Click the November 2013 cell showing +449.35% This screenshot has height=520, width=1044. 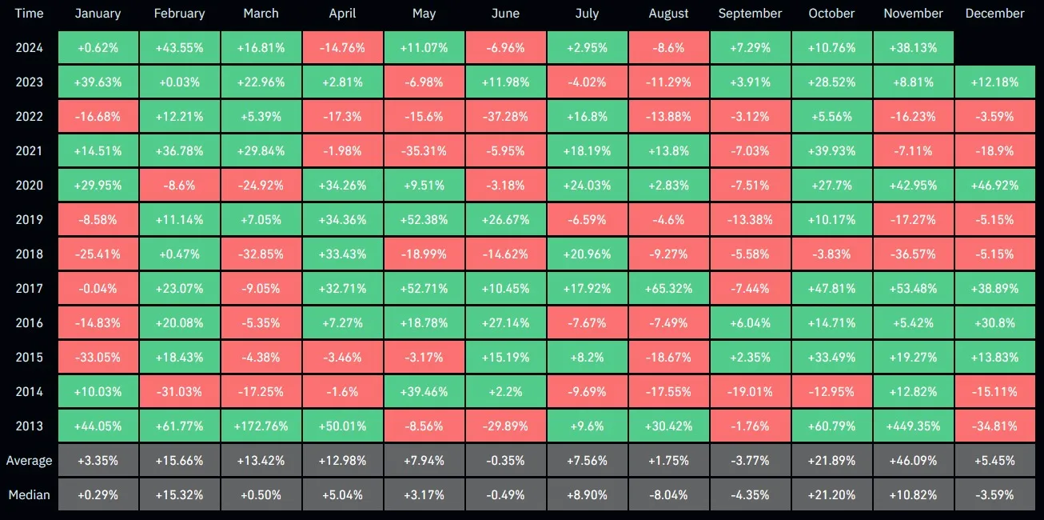(914, 426)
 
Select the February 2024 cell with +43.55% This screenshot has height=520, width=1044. (180, 48)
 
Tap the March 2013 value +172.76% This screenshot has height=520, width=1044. (261, 426)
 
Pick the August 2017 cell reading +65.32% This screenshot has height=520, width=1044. (669, 289)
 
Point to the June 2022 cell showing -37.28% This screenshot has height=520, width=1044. (506, 117)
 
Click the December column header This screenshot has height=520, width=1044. (994, 14)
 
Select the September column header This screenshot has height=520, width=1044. (750, 14)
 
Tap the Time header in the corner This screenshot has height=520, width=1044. (29, 14)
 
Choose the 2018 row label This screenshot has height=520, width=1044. (29, 254)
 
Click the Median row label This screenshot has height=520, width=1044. (29, 495)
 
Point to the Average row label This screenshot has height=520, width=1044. (29, 461)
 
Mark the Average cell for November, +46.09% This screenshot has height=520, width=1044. (914, 461)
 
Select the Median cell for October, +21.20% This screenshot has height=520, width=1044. (831, 495)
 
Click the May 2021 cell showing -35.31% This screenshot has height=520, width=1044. (424, 151)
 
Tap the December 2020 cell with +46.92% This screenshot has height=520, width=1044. (994, 186)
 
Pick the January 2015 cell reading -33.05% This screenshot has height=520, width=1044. (98, 358)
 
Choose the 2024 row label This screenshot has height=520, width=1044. (29, 48)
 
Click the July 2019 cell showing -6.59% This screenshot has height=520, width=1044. (588, 220)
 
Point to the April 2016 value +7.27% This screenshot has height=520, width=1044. (343, 323)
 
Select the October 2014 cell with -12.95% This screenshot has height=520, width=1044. (831, 392)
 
